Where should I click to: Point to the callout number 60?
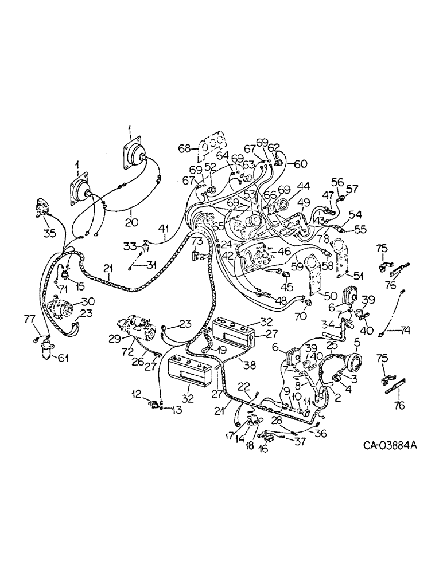301,164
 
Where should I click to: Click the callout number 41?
164,231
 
